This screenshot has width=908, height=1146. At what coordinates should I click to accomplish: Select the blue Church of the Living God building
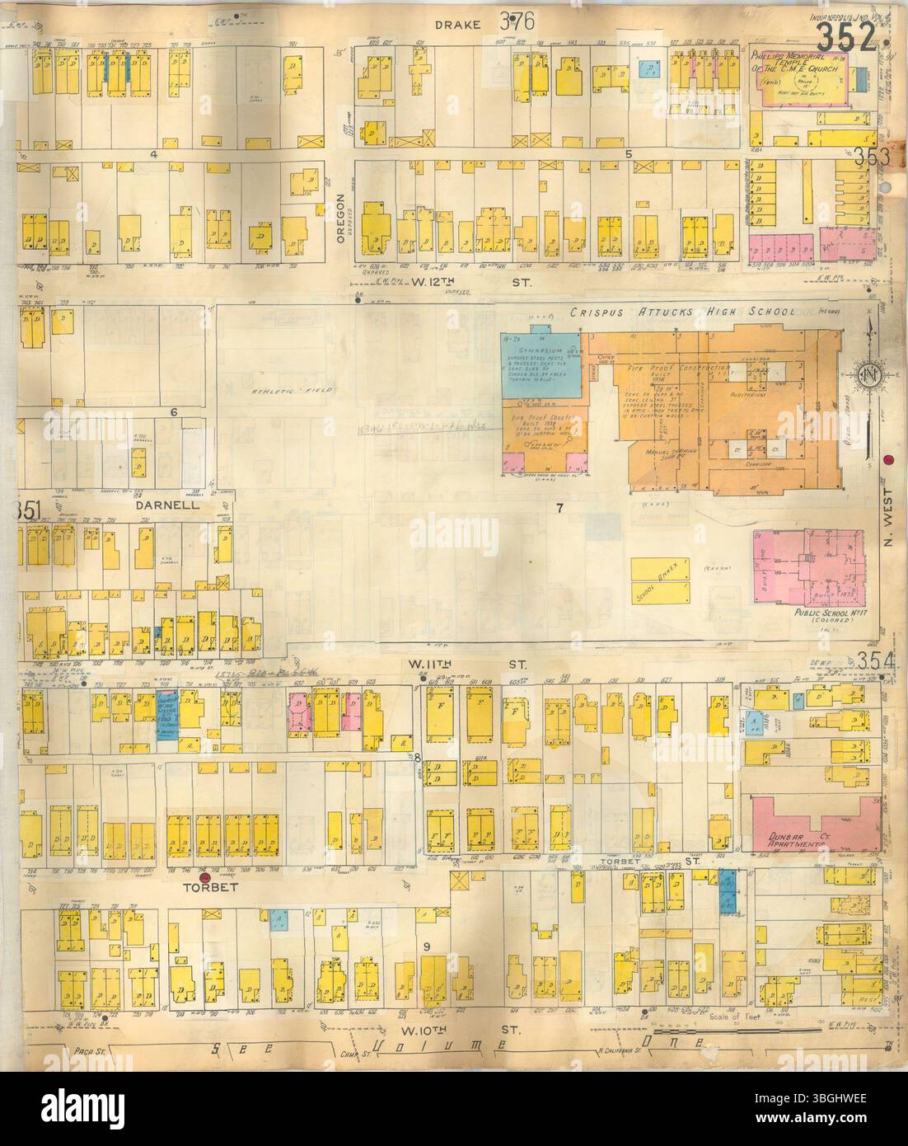(x=166, y=707)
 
